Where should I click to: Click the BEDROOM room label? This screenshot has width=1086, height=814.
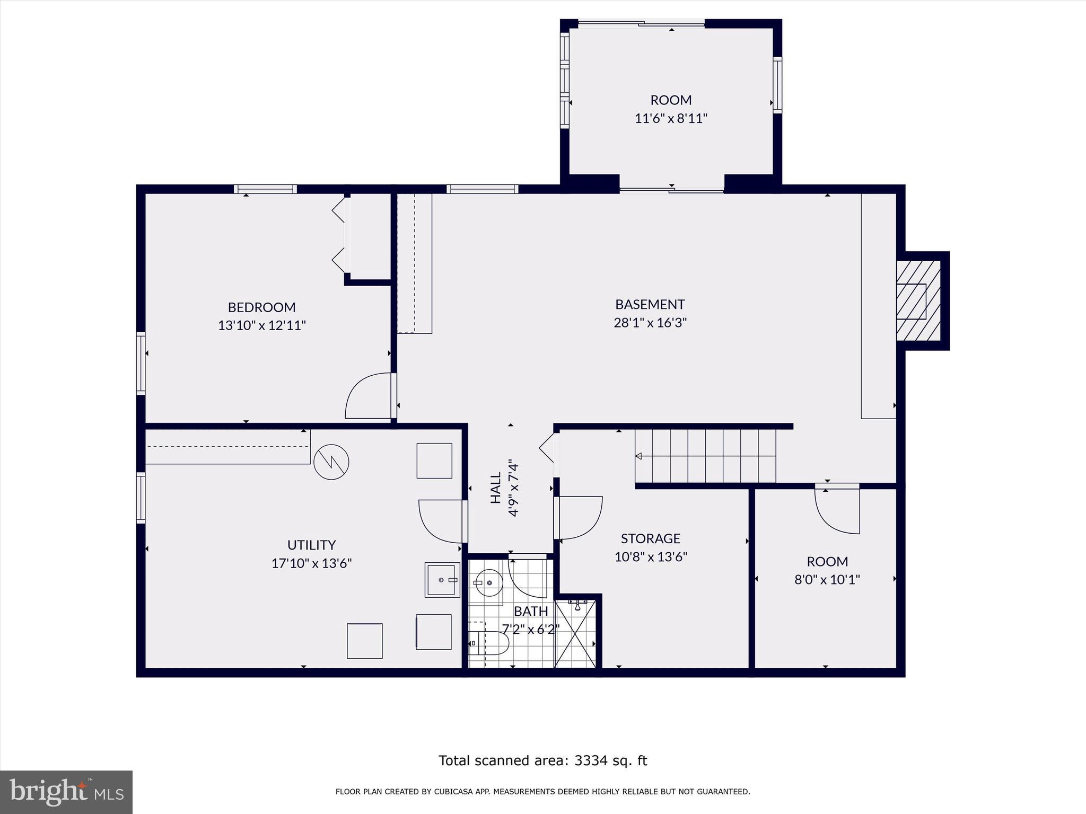click(x=261, y=307)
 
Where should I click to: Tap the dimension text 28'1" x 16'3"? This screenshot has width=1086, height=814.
click(x=650, y=323)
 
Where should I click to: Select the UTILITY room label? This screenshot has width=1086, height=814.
click(x=311, y=545)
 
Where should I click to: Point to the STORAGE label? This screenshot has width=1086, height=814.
click(x=650, y=538)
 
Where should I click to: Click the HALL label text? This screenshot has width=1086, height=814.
click(x=496, y=488)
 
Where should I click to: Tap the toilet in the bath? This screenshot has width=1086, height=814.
click(x=490, y=643)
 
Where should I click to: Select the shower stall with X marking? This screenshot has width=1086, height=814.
click(x=575, y=634)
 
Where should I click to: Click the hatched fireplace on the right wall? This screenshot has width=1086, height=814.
click(x=918, y=301)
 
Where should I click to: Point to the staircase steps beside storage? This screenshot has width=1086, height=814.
click(x=705, y=456)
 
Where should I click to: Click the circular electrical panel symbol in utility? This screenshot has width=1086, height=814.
click(x=331, y=462)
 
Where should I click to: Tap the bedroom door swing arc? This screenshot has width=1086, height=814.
click(x=367, y=396)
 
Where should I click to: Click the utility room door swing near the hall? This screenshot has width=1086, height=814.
click(x=440, y=521)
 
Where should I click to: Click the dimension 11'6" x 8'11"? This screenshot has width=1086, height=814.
click(x=671, y=118)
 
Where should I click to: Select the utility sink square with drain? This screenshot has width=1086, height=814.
click(x=442, y=580)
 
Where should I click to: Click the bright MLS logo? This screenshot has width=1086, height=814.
click(x=66, y=792)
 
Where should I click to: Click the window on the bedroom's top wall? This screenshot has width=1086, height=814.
click(x=265, y=189)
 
